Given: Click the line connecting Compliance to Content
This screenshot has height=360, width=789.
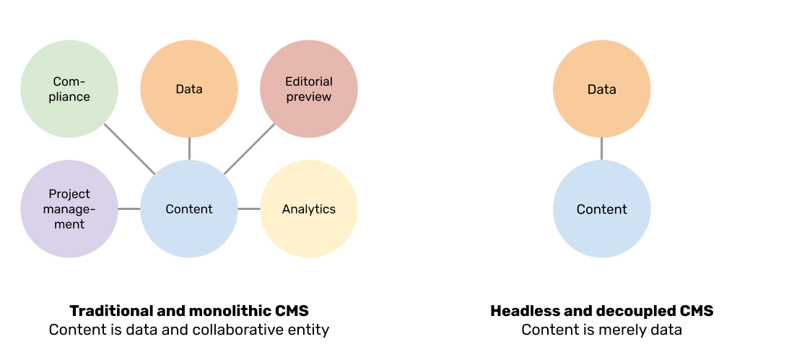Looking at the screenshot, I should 128,149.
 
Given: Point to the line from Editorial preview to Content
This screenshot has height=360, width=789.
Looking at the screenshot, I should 250,149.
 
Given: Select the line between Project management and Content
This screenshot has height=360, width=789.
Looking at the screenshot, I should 128,209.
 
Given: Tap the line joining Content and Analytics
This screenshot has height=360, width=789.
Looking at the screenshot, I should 249,209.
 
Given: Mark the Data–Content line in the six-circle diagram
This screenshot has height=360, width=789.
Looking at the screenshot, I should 189,149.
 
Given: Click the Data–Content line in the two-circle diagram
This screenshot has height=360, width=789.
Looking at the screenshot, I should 602,149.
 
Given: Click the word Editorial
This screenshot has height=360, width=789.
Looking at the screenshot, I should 309,82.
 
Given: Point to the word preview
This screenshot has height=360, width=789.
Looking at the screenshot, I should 309,97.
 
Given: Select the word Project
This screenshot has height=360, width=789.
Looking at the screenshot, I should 69,194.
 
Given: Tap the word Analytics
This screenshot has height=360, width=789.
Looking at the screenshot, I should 309,209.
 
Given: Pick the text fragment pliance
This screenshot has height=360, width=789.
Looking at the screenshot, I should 69,97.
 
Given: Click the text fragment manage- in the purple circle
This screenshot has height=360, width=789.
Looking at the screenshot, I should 69,209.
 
